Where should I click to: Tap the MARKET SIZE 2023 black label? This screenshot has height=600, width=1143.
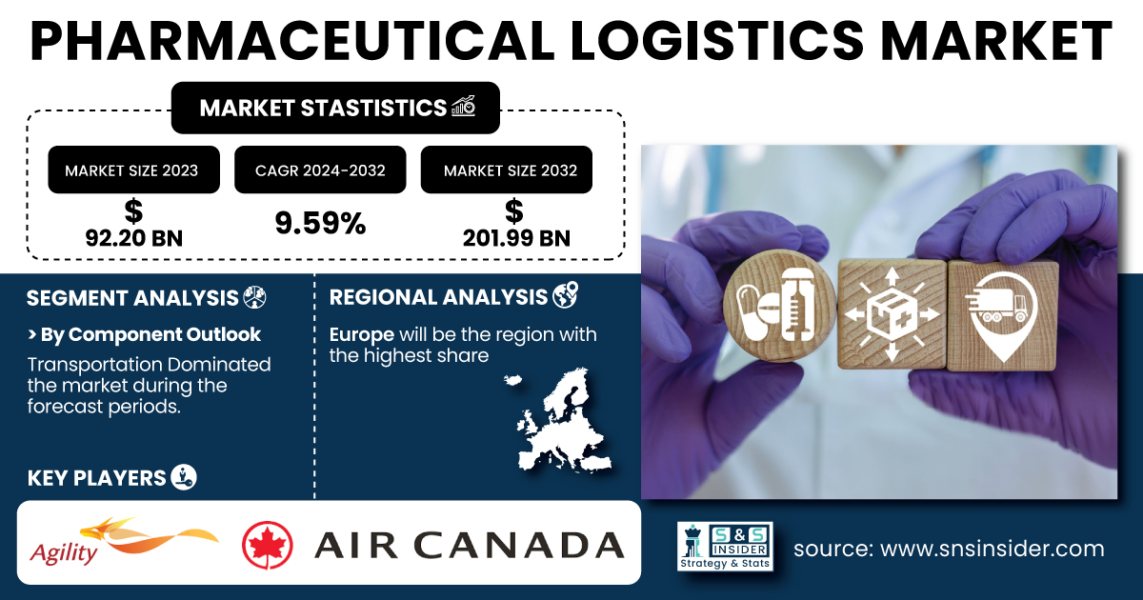pyautogui.click(x=133, y=170)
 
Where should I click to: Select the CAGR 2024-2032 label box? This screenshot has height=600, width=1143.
pyautogui.click(x=320, y=170)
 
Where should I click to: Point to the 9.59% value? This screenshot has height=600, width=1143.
pyautogui.click(x=320, y=223)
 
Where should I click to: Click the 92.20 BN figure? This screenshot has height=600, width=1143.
pyautogui.click(x=133, y=238)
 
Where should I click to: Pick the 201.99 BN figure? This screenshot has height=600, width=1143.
pyautogui.click(x=516, y=238)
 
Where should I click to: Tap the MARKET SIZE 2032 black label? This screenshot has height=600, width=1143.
pyautogui.click(x=506, y=170)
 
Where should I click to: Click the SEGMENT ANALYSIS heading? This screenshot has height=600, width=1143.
pyautogui.click(x=132, y=298)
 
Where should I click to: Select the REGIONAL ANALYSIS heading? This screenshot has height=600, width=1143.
pyautogui.click(x=438, y=297)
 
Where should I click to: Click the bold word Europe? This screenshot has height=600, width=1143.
pyautogui.click(x=361, y=334)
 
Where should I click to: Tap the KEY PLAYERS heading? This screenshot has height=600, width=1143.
pyautogui.click(x=96, y=478)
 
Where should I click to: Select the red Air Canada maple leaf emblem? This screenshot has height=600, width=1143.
pyautogui.click(x=268, y=545)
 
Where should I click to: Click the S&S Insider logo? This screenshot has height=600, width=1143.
pyautogui.click(x=725, y=546)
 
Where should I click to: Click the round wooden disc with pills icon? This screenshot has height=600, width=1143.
pyautogui.click(x=779, y=306)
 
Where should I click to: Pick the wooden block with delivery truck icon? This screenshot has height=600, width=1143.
pyautogui.click(x=1002, y=316)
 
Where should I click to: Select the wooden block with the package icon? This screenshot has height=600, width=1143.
pyautogui.click(x=892, y=313)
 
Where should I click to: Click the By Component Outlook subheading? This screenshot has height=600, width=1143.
pyautogui.click(x=145, y=334)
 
